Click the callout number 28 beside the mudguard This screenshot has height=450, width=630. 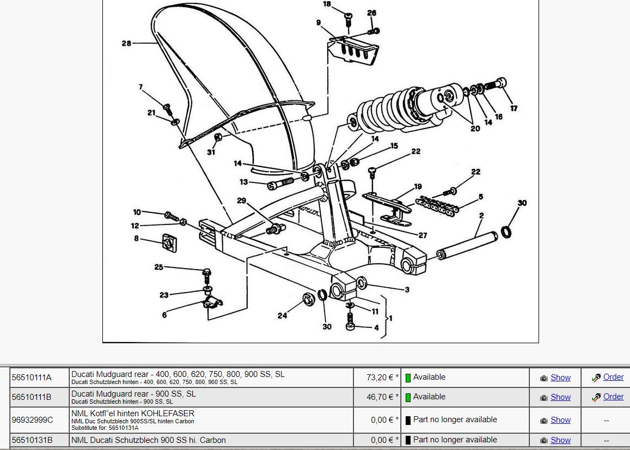click(126, 44)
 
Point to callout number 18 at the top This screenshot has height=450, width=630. click(327, 4)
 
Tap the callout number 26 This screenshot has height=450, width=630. click(371, 13)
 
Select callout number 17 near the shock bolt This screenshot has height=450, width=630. click(513, 108)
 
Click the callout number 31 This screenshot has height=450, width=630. click(211, 152)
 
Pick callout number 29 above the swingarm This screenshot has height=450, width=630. click(242, 201)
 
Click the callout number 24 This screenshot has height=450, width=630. click(282, 315)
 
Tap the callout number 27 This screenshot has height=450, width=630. click(423, 235)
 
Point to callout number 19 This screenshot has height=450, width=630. click(418, 187)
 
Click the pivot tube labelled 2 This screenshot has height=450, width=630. click(468, 246)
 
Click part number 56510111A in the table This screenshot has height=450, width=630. click(32, 378)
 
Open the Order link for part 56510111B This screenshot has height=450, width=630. click(613, 397)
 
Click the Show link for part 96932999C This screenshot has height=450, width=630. click(560, 420)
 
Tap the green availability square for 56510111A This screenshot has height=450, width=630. click(408, 378)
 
